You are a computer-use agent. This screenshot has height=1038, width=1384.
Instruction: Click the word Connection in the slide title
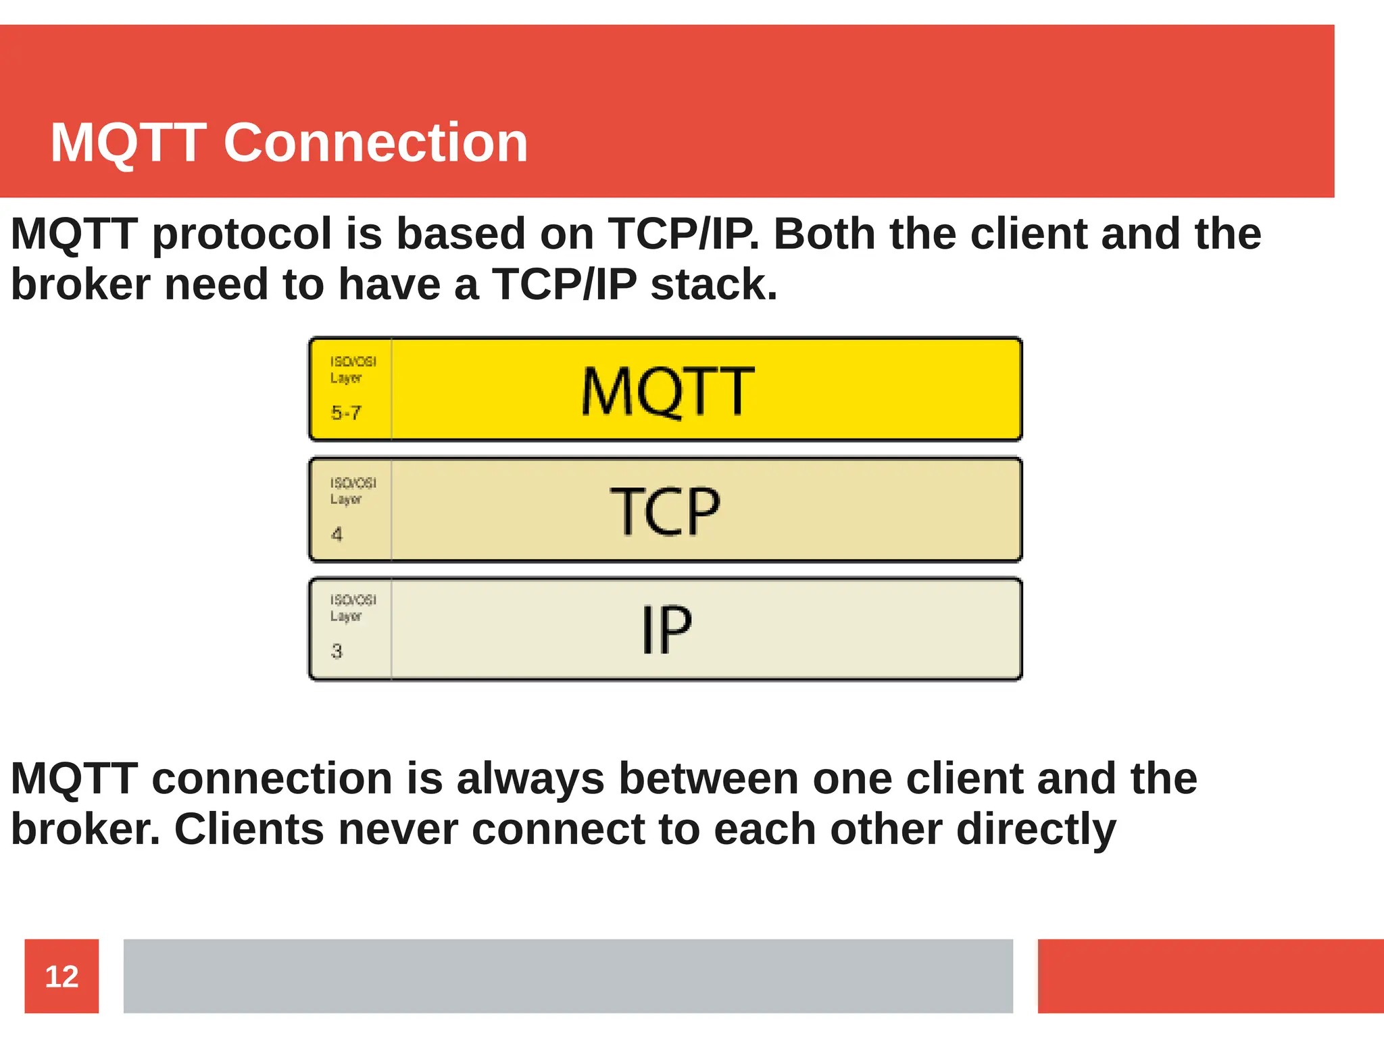point(376,143)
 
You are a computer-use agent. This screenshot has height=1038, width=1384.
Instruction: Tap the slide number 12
point(61,977)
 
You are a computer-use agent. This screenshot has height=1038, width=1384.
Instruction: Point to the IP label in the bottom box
point(666,630)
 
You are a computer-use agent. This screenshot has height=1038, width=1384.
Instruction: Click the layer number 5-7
point(346,412)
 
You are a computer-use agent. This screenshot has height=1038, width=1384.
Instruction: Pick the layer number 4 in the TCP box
point(337,535)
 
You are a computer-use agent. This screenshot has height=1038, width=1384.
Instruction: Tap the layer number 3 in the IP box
point(337,651)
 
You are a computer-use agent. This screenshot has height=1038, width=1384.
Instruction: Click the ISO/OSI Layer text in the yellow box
point(352,370)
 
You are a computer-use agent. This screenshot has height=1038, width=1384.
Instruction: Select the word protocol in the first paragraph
point(242,234)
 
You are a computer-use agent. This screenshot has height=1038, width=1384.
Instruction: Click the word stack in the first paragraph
point(713,284)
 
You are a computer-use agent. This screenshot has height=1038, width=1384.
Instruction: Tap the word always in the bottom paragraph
point(530,778)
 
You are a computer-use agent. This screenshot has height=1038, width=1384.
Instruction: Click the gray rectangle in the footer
point(568,976)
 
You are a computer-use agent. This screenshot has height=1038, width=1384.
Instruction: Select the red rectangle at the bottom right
point(1210,976)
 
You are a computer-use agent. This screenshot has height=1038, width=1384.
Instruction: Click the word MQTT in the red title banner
point(128,143)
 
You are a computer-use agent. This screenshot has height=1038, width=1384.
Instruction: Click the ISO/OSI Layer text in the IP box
point(352,608)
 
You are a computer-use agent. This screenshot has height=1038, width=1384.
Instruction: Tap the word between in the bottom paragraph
point(708,778)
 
